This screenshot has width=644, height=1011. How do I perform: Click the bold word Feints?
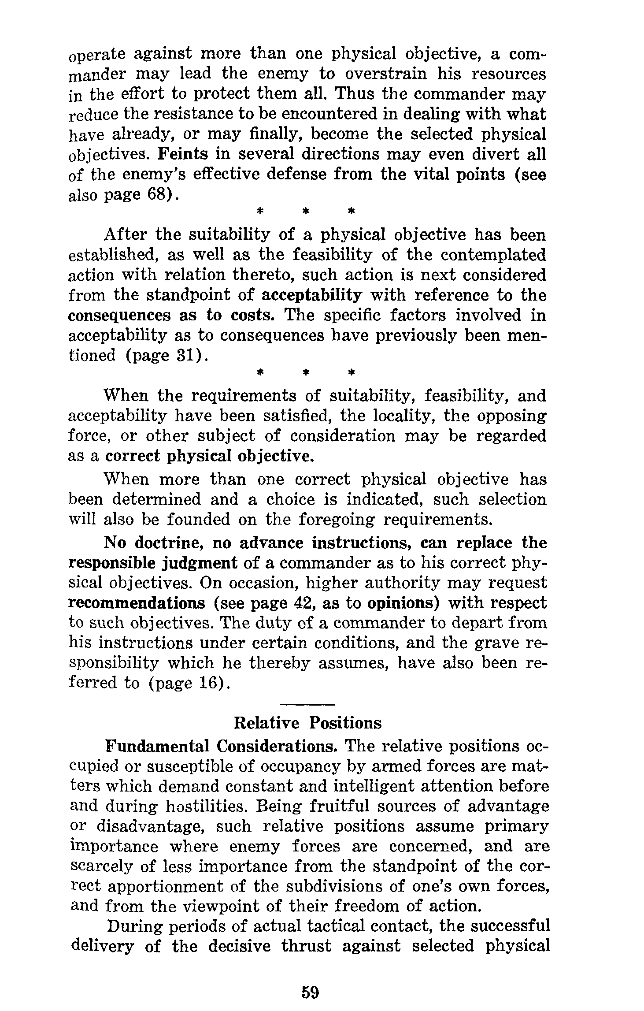click(x=182, y=155)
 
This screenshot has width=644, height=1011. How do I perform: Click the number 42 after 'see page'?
click(x=301, y=603)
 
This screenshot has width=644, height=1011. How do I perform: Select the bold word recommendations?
click(x=137, y=603)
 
